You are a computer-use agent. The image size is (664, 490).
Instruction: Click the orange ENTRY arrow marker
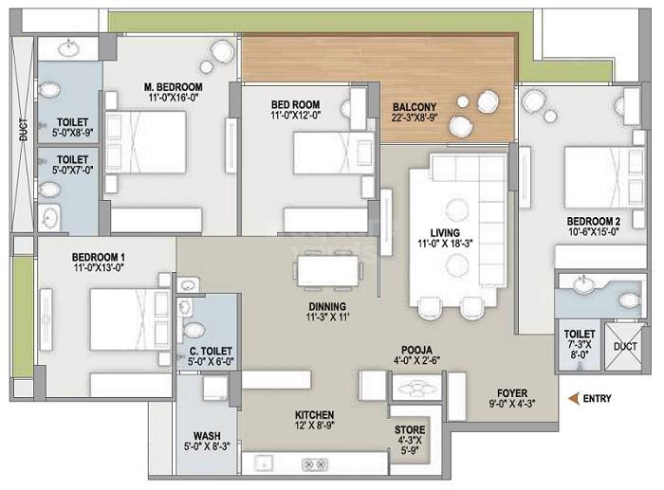pyautogui.click(x=573, y=399)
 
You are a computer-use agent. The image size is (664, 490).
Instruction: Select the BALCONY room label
pyautogui.click(x=415, y=107)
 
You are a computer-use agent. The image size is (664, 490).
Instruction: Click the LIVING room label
pyautogui.click(x=444, y=232)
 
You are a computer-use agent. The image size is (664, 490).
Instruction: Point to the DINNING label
pyautogui.click(x=326, y=306)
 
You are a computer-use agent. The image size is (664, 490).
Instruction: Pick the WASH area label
pyautogui.click(x=207, y=436)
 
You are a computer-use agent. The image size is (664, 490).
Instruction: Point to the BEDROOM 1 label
pyautogui.click(x=99, y=257)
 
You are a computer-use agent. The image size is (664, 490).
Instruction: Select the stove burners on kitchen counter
pyautogui.click(x=314, y=463)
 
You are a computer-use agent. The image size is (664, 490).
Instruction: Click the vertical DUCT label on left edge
pyautogui.click(x=23, y=131)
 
